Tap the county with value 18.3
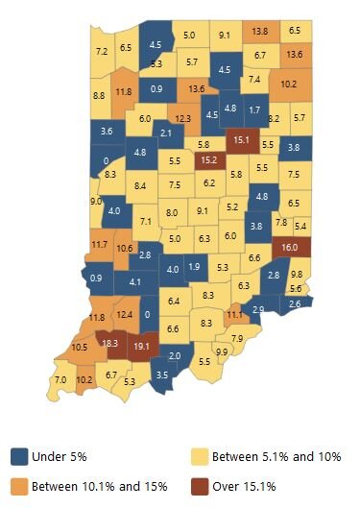pyautogui.click(x=109, y=343)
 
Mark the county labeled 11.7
pyautogui.click(x=99, y=245)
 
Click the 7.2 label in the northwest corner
pyautogui.click(x=102, y=51)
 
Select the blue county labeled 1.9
pyautogui.click(x=194, y=266)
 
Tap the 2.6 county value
pyautogui.click(x=294, y=303)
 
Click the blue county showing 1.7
pyautogui.click(x=253, y=109)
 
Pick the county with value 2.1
pyautogui.click(x=165, y=133)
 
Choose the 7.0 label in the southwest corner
pyautogui.click(x=60, y=382)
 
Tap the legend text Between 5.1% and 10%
pyautogui.click(x=276, y=455)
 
